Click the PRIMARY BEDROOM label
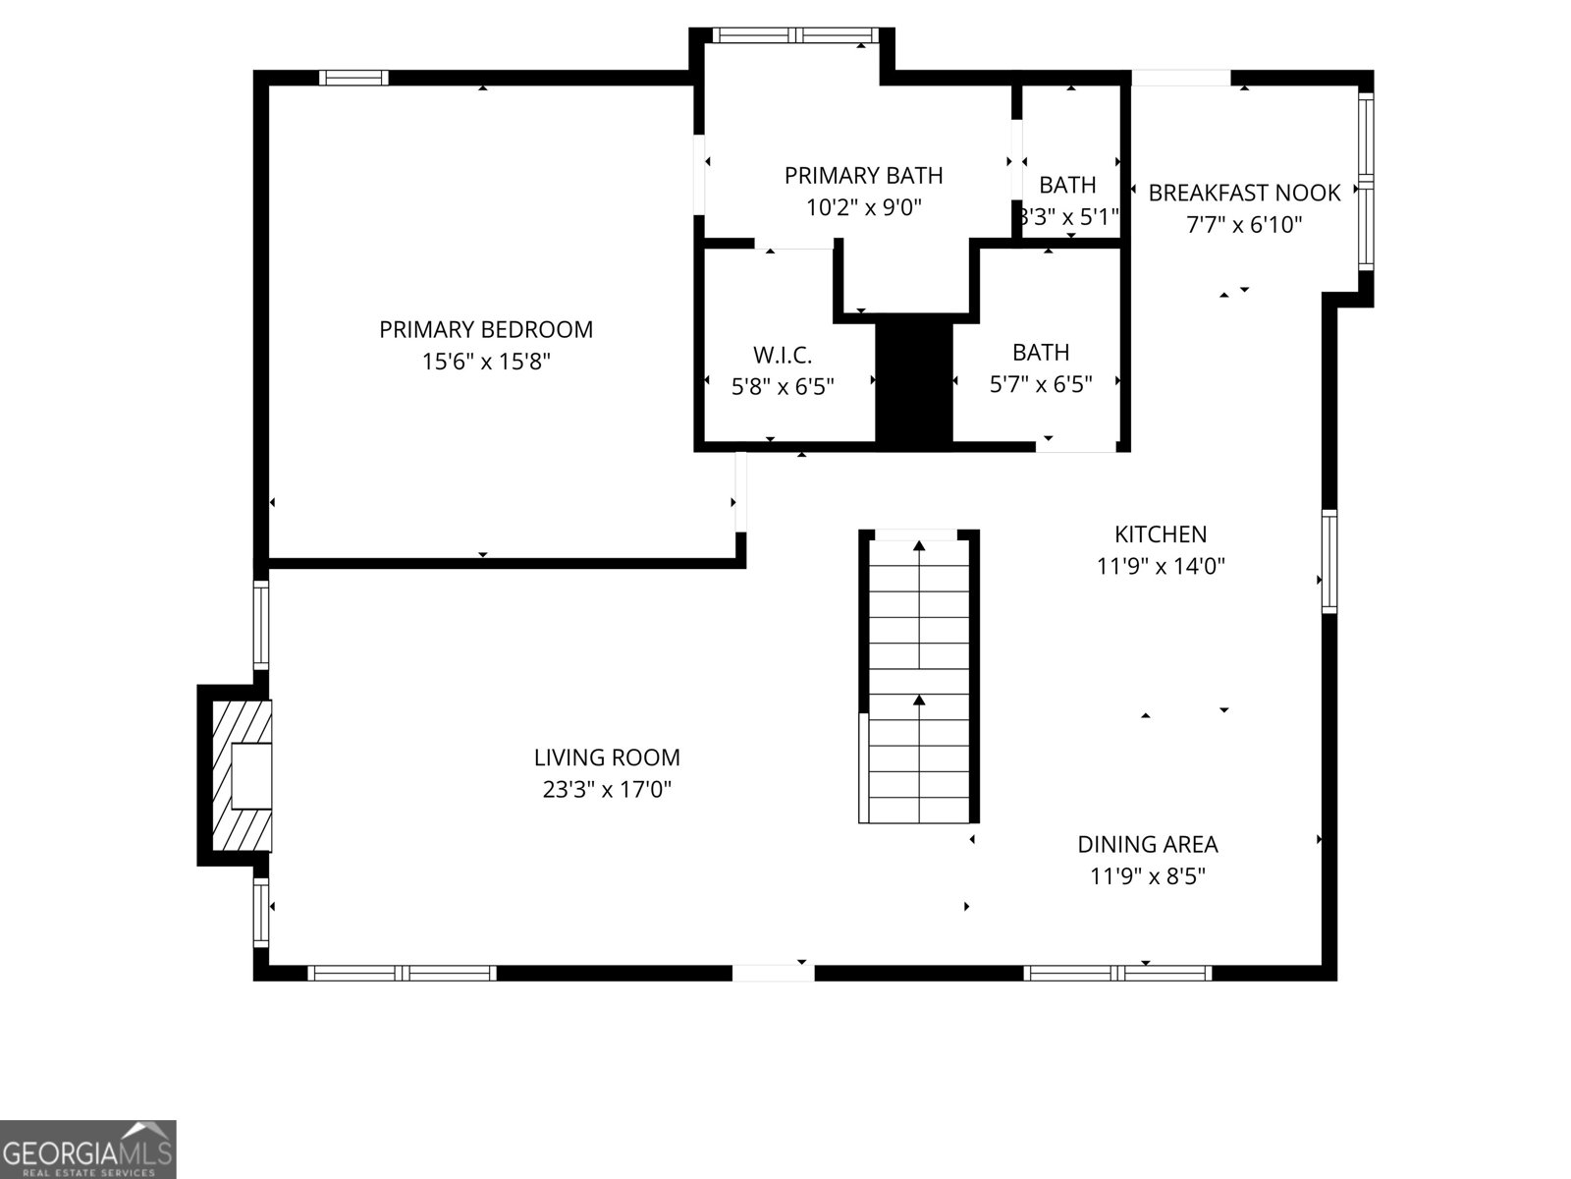pos(486,330)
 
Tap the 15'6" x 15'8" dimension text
pos(486,362)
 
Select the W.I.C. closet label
pos(783,355)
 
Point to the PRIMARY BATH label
pos(863,176)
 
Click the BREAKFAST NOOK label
pos(1244,193)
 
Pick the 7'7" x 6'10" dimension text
pos(1244,225)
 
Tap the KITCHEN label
pos(1161,534)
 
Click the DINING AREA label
pos(1148,845)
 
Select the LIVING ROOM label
pos(607,758)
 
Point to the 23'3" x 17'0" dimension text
pos(607,789)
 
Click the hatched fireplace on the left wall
pos(240,775)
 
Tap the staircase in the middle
pos(919,678)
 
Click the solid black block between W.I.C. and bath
pos(914,383)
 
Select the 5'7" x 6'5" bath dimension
pos(1041,384)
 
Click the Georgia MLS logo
pos(88,1149)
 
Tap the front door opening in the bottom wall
pos(774,973)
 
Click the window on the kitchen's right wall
pos(1328,562)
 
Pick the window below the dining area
pos(1117,973)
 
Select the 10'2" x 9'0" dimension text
pos(863,208)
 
